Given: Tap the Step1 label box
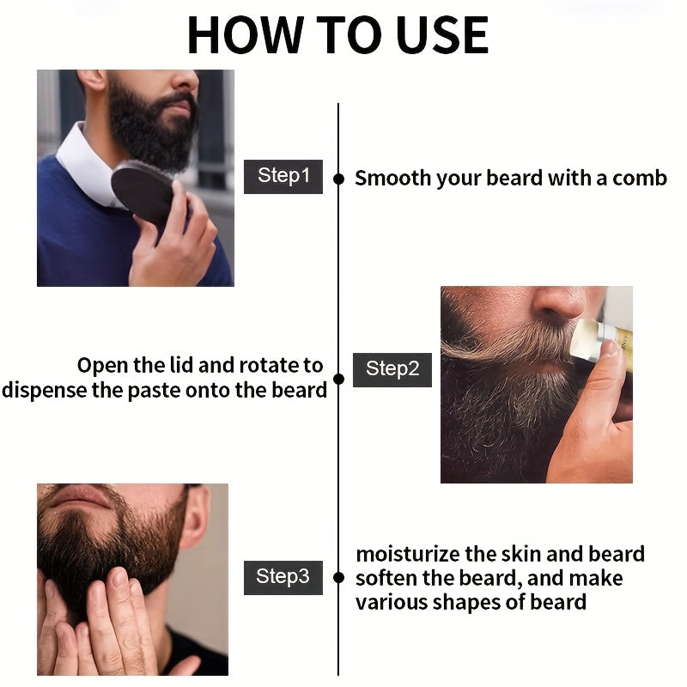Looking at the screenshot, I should [x=283, y=176].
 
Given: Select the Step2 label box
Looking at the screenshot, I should [x=392, y=369].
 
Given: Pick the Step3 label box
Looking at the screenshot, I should [x=283, y=577].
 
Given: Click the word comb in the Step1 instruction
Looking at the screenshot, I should [x=640, y=179].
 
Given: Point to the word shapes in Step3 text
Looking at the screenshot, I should [x=465, y=602].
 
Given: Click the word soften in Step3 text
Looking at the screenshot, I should [x=388, y=578].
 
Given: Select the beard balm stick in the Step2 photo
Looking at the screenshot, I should [x=601, y=343].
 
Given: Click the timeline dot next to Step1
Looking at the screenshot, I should [x=338, y=179].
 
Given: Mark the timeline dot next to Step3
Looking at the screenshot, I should [x=338, y=578].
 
